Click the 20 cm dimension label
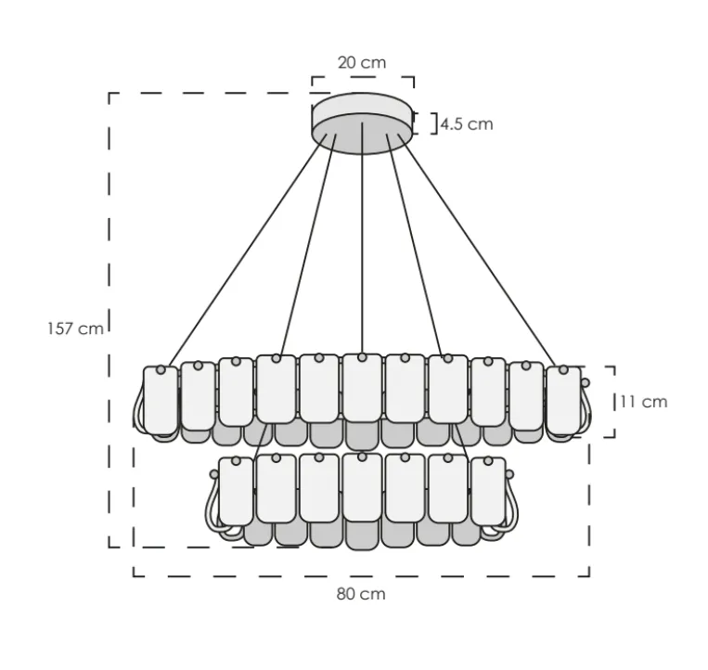362,63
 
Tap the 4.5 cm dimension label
467,123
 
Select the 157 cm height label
75,329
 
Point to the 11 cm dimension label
643,402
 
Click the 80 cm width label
360,594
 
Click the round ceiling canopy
362,124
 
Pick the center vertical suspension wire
362,251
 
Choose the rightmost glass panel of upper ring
563,401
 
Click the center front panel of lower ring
362,487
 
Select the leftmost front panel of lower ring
235,489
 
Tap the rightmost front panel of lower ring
488,489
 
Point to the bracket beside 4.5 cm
433,123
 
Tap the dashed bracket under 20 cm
362,78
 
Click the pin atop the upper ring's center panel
362,356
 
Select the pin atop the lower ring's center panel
362,457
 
